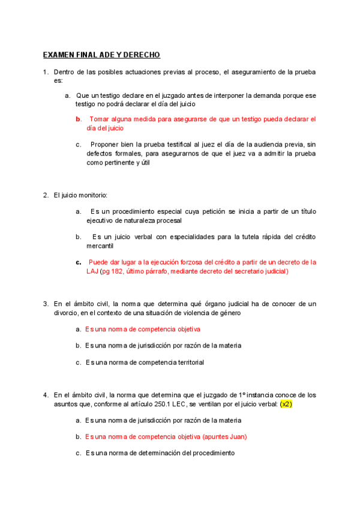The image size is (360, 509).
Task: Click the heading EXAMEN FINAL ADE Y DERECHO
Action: pos(101,55)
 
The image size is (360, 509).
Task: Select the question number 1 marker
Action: pos(46,72)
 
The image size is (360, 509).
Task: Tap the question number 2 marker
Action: pos(46,196)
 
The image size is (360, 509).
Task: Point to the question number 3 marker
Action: pos(46,304)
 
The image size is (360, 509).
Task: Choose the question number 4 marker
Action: pos(46,395)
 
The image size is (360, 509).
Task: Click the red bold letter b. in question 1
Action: pos(79,119)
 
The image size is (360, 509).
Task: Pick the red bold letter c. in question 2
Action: pos(79,262)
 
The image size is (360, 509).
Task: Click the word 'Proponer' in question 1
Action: pos(105,144)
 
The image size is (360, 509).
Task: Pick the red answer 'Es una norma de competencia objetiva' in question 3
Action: pos(143,329)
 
